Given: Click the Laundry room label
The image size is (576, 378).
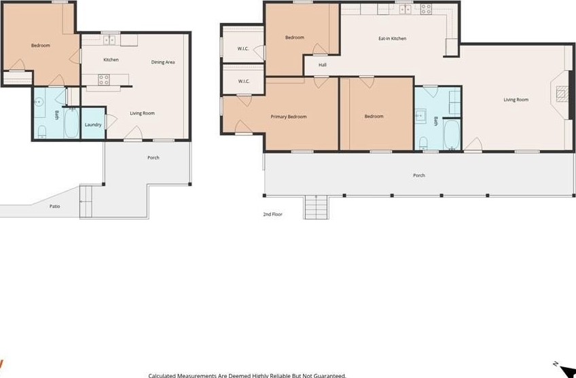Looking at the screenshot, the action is coord(93,124).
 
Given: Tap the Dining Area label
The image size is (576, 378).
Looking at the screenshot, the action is coord(163,62).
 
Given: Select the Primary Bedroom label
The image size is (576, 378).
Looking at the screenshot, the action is coord(289,117).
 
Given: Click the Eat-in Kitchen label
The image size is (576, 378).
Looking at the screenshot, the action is coord(393,38).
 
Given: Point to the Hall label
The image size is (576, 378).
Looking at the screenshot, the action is coord(323,65).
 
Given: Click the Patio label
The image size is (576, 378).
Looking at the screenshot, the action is coord(55,206).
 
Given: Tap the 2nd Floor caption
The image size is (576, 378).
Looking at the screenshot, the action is coord(272,214).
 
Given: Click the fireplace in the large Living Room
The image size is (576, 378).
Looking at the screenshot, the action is coord(562,93).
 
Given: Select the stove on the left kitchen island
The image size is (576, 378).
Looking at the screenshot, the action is coord(104,79).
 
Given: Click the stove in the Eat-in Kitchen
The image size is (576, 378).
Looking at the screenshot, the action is coord(426,10).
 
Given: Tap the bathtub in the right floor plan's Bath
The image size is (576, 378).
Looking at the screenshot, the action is coord(452,134).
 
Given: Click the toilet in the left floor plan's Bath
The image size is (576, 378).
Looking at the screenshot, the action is coord(42,132).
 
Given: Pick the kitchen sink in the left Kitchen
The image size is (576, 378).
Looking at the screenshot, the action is coord(109,39).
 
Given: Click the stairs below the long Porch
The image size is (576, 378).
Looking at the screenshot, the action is coord(316,207).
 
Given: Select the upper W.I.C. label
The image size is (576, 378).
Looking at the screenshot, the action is coord(243,48).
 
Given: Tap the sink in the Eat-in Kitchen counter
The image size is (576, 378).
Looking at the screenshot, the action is coord(405,10).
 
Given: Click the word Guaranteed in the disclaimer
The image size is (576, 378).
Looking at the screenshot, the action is coord(329,375).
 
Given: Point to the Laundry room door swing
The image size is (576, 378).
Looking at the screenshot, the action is coord(111,121).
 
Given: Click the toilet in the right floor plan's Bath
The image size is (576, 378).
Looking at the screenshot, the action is coord(424,143).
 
